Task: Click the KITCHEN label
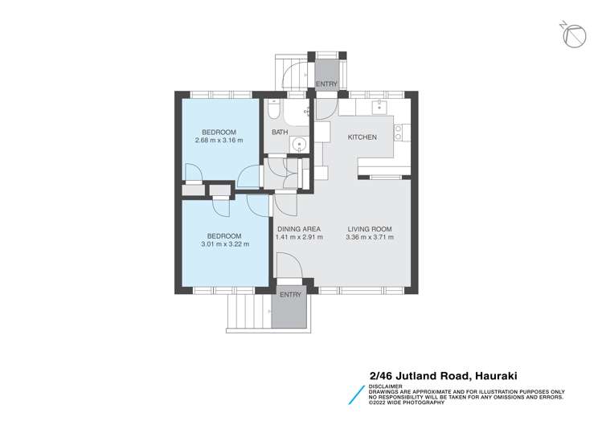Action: [362, 137]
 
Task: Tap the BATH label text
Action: [279, 133]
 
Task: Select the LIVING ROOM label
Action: [369, 228]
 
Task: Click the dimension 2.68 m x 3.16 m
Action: [218, 141]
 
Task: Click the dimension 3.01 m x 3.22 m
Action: [225, 244]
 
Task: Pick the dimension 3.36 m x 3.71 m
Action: [369, 237]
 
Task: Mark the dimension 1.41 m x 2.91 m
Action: [298, 237]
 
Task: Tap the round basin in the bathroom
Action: [299, 145]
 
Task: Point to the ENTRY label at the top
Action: [326, 84]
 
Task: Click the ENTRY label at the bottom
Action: [290, 295]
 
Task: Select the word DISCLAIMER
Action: [386, 385]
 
